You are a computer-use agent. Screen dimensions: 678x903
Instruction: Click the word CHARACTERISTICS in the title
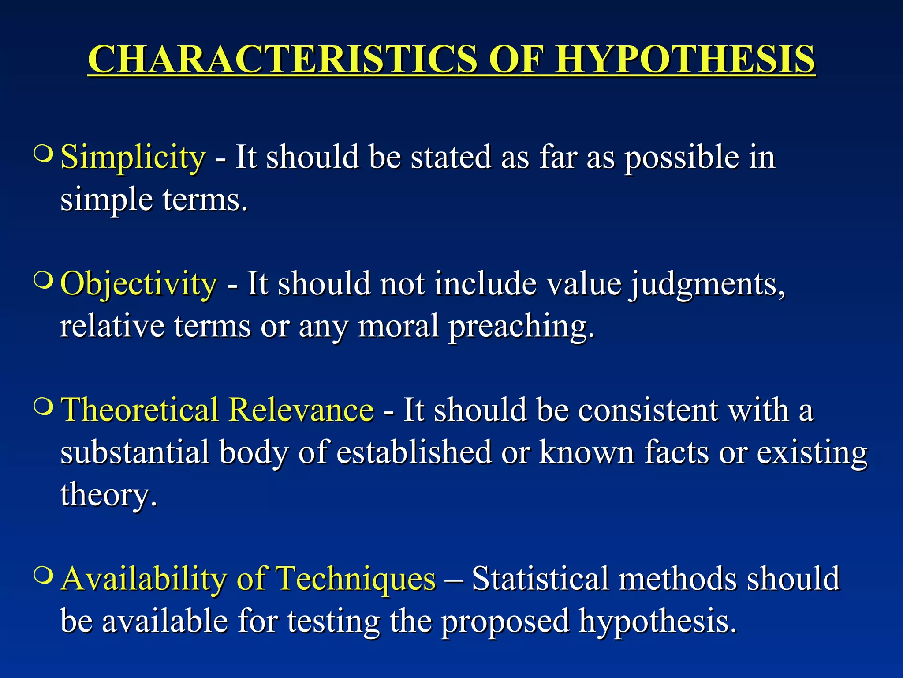pyautogui.click(x=282, y=60)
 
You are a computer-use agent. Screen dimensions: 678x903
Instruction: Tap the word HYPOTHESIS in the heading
pyautogui.click(x=685, y=60)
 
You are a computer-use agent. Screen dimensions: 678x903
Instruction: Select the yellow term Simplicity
pyautogui.click(x=133, y=158)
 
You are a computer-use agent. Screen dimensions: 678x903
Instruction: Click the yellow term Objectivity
pyautogui.click(x=138, y=284)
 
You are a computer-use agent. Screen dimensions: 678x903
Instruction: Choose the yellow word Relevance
pyautogui.click(x=302, y=410)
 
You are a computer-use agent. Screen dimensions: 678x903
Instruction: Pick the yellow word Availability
pyautogui.click(x=144, y=579)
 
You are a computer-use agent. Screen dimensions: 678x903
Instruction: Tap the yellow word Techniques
pyautogui.click(x=355, y=579)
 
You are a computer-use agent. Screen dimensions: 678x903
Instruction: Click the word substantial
pyautogui.click(x=135, y=452)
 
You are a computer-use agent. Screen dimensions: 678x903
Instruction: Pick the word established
pyautogui.click(x=414, y=452)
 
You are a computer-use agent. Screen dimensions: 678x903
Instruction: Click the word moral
pyautogui.click(x=399, y=327)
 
